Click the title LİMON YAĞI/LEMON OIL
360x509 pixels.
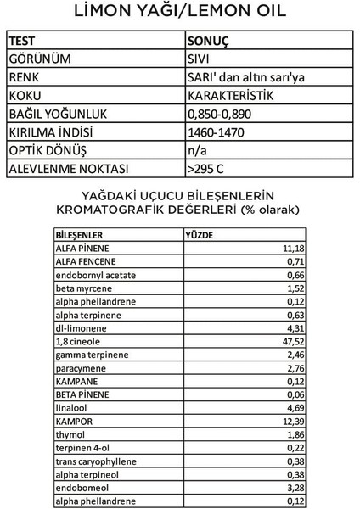[180, 13]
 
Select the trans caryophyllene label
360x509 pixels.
[92, 461]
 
